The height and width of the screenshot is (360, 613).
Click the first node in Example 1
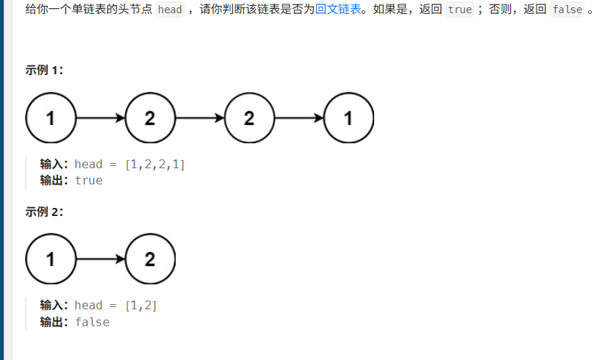[x=51, y=118]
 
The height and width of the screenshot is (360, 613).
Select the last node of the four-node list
[x=348, y=118]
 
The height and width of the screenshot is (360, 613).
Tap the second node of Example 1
[x=150, y=118]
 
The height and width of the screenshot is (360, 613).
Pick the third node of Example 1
[x=249, y=118]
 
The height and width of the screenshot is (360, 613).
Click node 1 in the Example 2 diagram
[x=51, y=259]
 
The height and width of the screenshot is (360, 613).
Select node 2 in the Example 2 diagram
[x=150, y=259]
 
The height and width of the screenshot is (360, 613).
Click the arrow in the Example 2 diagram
[x=101, y=259]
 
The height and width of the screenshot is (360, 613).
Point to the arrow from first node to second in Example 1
[x=101, y=118]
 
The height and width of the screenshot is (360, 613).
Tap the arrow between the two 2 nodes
[x=200, y=118]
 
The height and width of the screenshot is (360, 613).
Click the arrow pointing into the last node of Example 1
[x=299, y=118]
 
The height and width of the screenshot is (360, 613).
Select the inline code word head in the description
[x=170, y=11]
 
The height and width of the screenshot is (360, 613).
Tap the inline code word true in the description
[x=459, y=11]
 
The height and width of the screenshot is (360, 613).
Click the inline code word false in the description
[x=566, y=11]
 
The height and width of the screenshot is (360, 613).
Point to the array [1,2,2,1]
[x=155, y=164]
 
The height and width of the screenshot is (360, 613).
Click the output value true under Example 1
[x=89, y=180]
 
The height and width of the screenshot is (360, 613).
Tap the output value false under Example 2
[x=92, y=322]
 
